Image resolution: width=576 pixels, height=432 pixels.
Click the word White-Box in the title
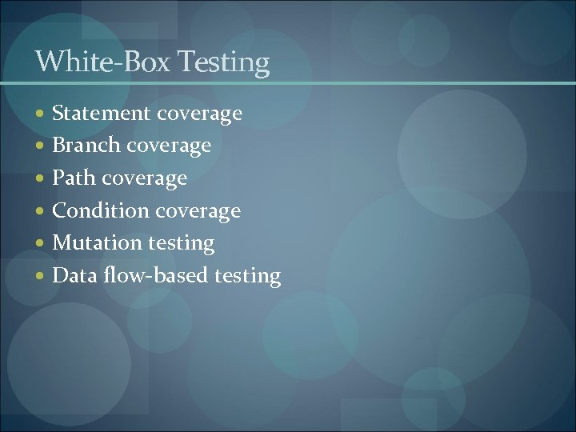[x=101, y=62]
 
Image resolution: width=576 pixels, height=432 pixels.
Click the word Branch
[x=86, y=146]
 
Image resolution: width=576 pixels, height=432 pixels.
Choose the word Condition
[x=101, y=210]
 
